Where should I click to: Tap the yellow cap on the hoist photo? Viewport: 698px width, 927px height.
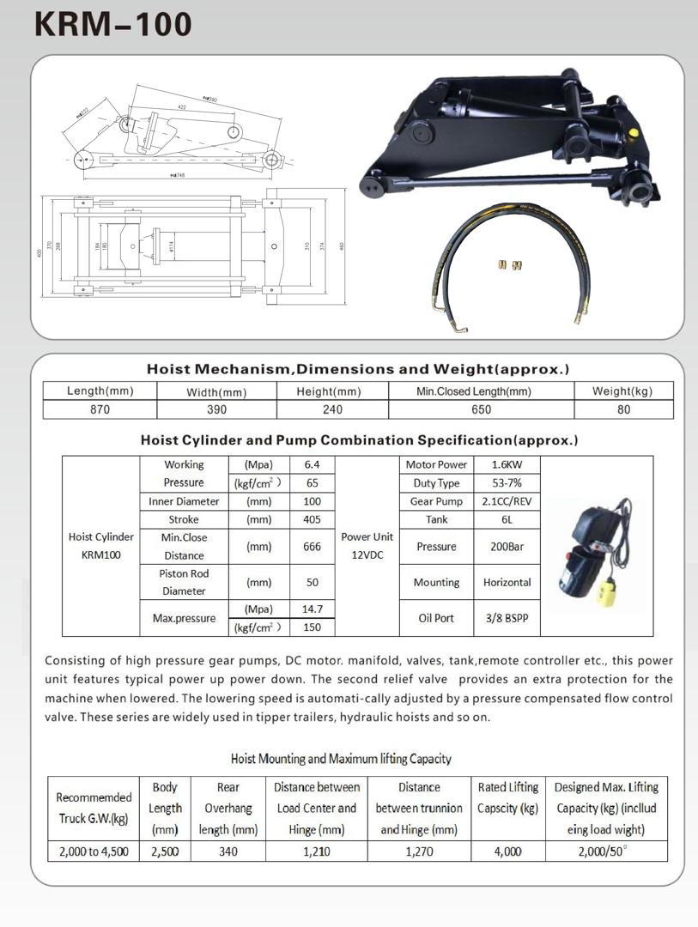[x=633, y=133]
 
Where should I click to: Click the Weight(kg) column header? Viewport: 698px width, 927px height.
[x=622, y=391]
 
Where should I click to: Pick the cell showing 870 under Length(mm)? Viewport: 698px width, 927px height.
[x=100, y=409]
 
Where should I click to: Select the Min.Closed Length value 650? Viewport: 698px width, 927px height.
[x=481, y=409]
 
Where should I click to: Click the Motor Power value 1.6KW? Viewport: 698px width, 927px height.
[x=507, y=464]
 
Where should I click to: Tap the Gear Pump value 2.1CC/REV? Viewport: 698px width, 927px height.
[x=507, y=501]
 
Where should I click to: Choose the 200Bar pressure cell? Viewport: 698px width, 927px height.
[x=507, y=546]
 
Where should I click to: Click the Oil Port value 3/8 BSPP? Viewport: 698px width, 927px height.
[x=507, y=618]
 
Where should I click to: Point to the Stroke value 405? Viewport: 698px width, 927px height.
[x=312, y=519]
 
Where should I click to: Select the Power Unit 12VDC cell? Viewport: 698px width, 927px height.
[x=367, y=546]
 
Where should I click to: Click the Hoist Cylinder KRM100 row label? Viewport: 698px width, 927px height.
[x=101, y=546]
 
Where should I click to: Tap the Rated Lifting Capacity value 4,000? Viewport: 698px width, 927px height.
[x=507, y=851]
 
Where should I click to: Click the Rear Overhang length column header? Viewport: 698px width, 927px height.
[x=228, y=809]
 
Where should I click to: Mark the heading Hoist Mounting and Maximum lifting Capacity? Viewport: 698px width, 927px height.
[x=341, y=759]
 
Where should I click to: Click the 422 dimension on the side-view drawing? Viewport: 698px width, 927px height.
[x=181, y=108]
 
